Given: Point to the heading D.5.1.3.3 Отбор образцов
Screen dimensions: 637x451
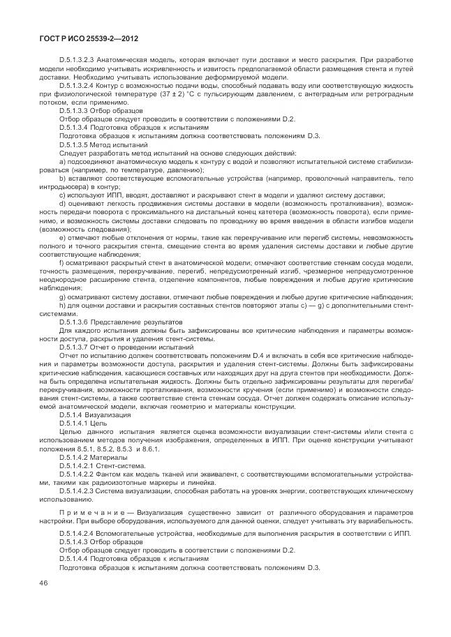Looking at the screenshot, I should [x=101, y=110].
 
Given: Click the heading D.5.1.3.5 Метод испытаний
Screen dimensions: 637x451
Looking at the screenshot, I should [x=103, y=144].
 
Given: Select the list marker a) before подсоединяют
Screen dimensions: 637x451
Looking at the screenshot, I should [x=62, y=161].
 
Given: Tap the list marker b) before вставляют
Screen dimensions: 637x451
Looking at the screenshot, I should [x=62, y=179].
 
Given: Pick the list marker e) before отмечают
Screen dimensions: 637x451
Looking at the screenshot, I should [x=62, y=237].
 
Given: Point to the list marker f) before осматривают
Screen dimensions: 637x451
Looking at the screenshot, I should [x=62, y=262].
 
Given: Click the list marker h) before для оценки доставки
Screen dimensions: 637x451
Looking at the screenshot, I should [x=62, y=305].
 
